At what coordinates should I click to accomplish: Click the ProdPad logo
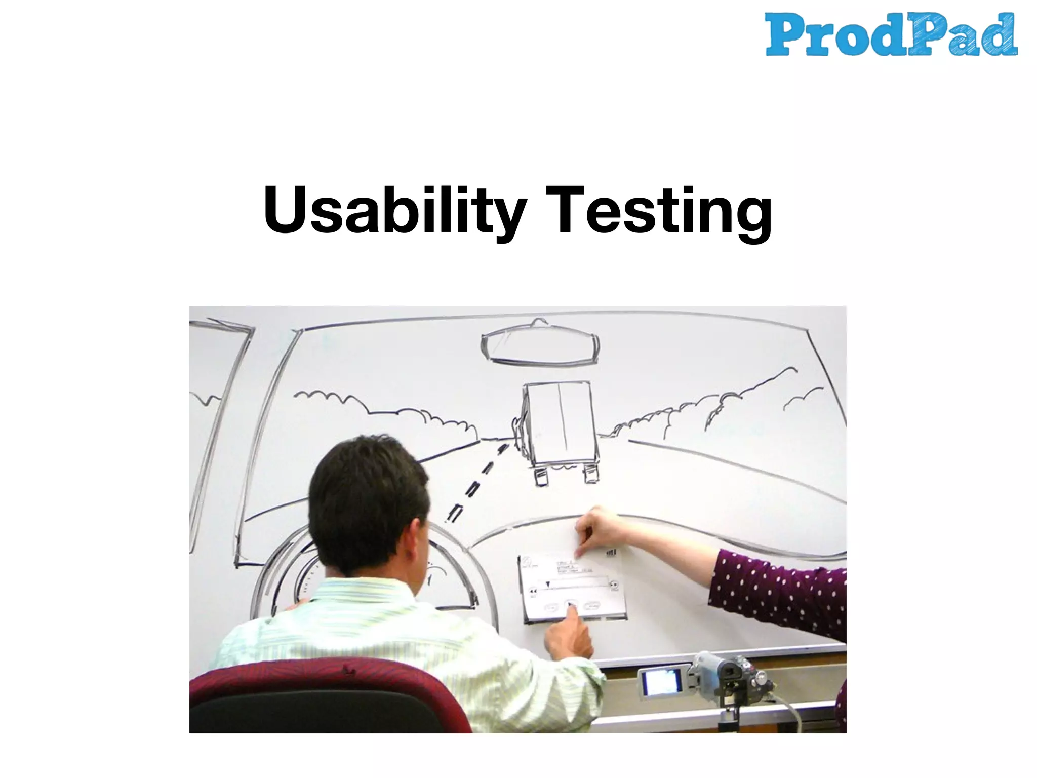click(x=891, y=34)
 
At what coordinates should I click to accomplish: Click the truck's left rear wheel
click(x=541, y=477)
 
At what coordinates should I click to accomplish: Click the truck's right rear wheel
click(x=591, y=474)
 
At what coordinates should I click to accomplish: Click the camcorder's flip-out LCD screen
click(x=661, y=682)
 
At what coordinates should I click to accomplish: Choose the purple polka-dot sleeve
click(x=780, y=593)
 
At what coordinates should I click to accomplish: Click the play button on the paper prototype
click(x=570, y=604)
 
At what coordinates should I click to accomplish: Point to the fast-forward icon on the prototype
click(x=614, y=586)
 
